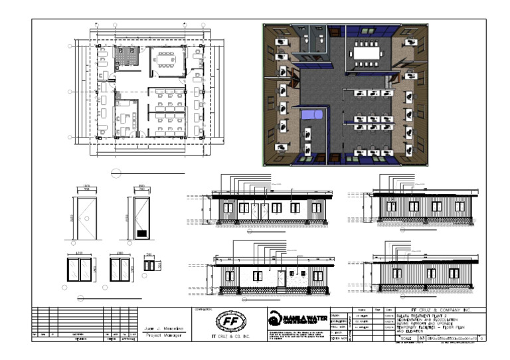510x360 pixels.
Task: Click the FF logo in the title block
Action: (x=229, y=322)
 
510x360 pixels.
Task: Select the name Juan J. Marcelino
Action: (x=164, y=328)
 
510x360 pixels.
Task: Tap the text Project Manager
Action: (x=164, y=336)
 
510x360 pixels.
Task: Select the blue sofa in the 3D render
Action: (x=312, y=114)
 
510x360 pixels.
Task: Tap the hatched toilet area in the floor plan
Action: (x=125, y=57)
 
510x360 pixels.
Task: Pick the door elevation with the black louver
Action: (x=141, y=217)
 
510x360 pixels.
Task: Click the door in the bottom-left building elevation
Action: (x=282, y=278)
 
